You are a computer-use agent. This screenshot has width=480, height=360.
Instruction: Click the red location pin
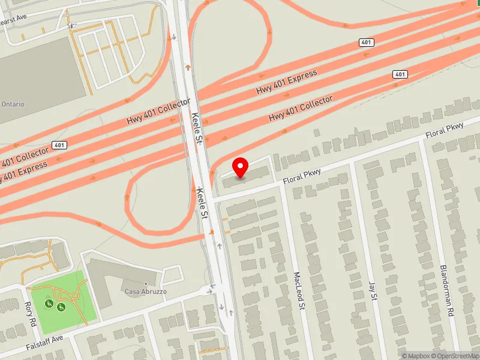[241, 167]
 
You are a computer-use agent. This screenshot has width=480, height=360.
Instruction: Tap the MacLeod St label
[298, 292]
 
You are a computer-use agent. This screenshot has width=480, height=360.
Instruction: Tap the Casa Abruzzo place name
[146, 292]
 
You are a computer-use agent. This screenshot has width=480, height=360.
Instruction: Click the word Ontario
[12, 104]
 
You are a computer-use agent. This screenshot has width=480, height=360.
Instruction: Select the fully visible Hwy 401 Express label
[286, 82]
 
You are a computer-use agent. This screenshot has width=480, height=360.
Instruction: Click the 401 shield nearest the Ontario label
[59, 145]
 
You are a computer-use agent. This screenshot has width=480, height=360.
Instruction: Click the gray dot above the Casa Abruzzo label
[146, 283]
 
